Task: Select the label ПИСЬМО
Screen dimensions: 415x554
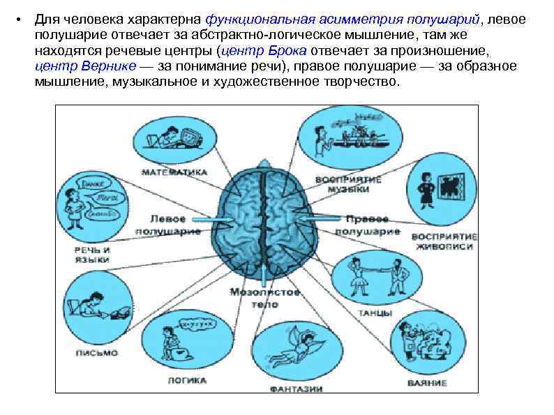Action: pos(97,353)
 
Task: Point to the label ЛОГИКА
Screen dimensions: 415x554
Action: pos(186,380)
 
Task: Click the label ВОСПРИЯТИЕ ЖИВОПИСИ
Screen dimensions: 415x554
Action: pos(442,241)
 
